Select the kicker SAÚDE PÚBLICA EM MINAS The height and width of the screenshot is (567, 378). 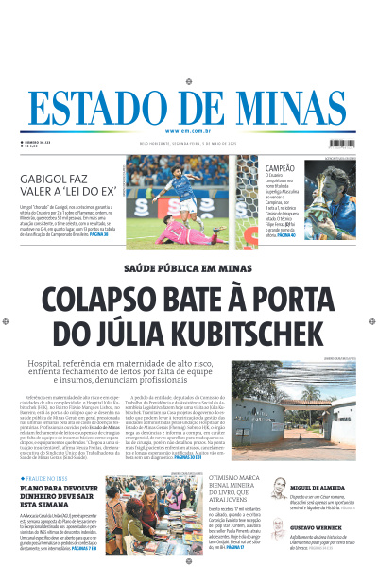[188, 268]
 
